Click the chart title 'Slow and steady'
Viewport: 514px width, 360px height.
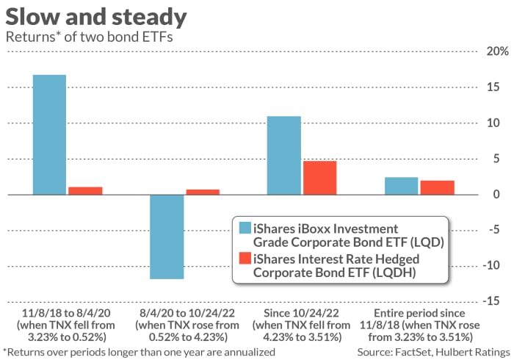point(95,16)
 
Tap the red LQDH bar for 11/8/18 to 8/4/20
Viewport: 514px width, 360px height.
point(84,190)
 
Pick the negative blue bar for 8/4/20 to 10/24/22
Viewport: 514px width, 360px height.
point(167,237)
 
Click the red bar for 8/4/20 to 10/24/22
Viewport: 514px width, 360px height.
point(202,192)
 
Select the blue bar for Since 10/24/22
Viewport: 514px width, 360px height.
point(284,155)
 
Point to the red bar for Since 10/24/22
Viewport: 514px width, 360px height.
point(319,178)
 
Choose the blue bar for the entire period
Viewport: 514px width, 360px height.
point(402,186)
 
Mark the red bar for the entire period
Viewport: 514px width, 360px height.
point(437,187)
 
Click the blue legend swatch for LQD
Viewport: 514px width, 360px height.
point(243,233)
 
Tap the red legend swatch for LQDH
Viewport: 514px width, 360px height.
point(243,259)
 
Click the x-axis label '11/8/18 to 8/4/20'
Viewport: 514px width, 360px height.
point(67,311)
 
